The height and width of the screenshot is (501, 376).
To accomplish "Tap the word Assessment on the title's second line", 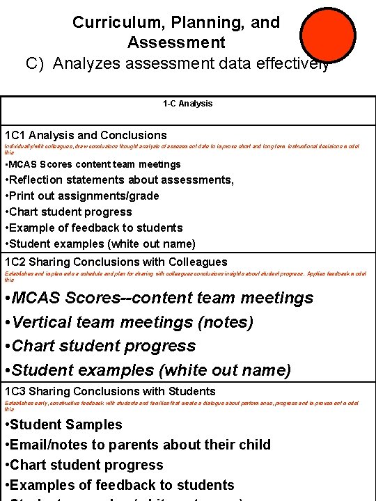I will (176, 42).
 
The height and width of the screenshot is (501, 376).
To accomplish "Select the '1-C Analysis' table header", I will (187, 104).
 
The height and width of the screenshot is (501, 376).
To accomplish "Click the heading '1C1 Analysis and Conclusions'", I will (86, 135).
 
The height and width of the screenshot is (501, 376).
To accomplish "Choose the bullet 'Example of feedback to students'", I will (93, 228).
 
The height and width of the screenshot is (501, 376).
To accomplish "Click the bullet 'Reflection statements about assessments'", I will (119, 180).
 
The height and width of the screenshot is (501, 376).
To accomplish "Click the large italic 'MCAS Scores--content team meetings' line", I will (159, 298).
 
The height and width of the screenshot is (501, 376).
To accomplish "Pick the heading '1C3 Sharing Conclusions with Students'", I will (110, 391).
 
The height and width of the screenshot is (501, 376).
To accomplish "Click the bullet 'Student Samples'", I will (63, 424).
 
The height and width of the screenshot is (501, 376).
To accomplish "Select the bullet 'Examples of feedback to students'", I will (119, 485).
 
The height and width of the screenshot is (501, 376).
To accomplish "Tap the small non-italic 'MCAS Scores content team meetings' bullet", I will (93, 164).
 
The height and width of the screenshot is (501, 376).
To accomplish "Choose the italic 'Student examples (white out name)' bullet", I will (148, 370).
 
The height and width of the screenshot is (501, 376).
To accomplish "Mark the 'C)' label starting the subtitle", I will (36, 63).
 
